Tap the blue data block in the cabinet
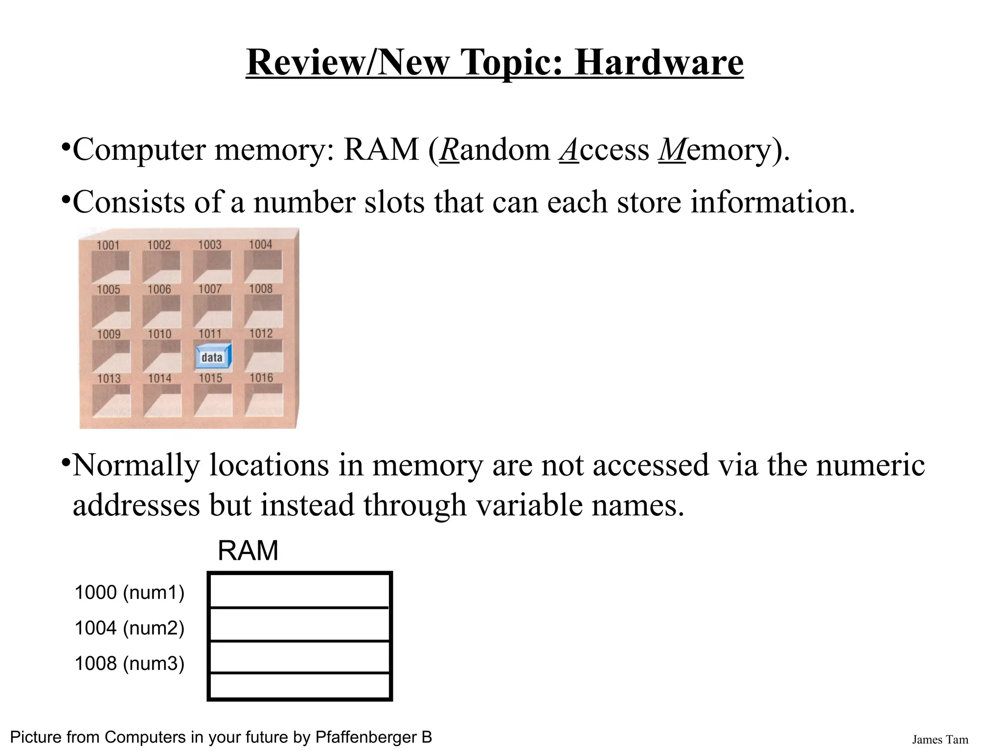[x=213, y=357]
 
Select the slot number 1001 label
[x=108, y=245]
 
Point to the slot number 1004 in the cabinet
[x=260, y=244]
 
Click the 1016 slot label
[x=261, y=377]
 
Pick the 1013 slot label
[x=109, y=378]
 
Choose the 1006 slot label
[x=159, y=289]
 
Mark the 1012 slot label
[x=261, y=333]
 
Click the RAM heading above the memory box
[x=248, y=551]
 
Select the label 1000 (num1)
[x=129, y=593]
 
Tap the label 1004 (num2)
[x=129, y=628]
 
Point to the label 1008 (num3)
[x=129, y=663]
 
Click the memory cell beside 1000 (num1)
[x=299, y=591]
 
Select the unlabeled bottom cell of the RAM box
[x=299, y=686]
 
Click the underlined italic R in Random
[x=449, y=150]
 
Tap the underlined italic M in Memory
[x=672, y=150]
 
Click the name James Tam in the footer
[x=939, y=740]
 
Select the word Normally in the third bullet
[x=136, y=465]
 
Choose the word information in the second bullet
[x=773, y=202]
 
